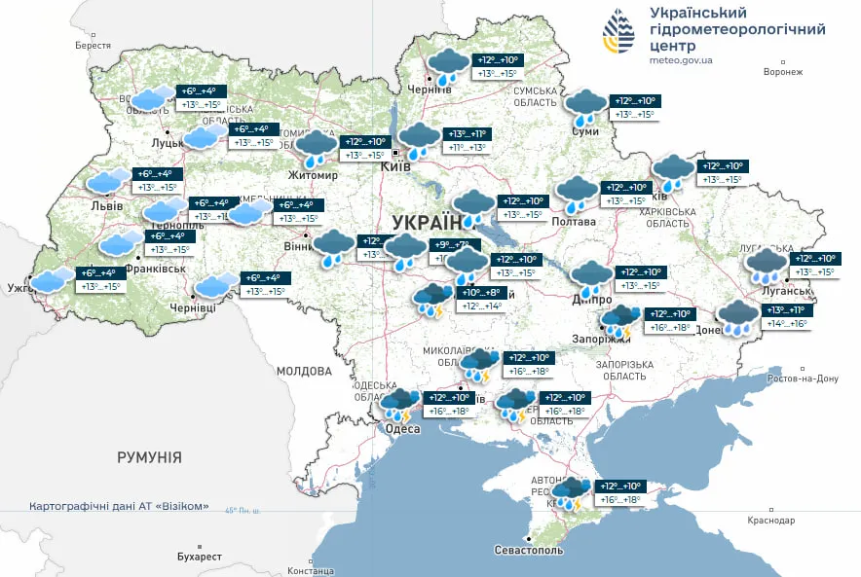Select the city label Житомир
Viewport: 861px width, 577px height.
tap(312, 175)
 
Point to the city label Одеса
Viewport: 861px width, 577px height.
tap(401, 429)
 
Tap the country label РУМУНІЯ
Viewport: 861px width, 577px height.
tap(149, 456)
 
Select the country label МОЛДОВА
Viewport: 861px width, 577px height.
tap(304, 371)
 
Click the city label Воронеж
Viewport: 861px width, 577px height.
tap(783, 72)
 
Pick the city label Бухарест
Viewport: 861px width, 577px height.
tap(200, 557)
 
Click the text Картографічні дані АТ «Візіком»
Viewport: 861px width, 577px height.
tap(119, 507)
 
